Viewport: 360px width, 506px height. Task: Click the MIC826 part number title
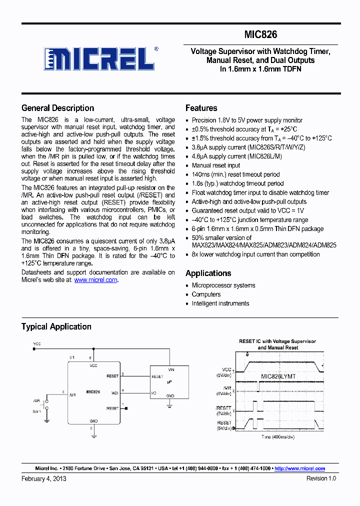pos(260,35)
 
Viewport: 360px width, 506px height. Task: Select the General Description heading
pos(57,108)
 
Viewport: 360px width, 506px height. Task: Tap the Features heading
pos(201,108)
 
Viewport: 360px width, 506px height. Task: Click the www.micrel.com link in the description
pos(95,280)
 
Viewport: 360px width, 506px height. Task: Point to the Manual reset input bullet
pos(216,165)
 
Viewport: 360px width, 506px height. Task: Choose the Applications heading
pos(208,273)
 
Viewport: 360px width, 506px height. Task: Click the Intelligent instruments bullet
pos(220,303)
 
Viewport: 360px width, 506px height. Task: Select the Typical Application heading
pos(56,327)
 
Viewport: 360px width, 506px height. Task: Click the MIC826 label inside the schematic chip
pos(93,392)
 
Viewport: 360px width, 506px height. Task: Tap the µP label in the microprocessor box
pos(169,381)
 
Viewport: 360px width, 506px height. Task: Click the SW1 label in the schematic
pos(37,411)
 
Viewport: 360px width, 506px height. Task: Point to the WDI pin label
pos(114,392)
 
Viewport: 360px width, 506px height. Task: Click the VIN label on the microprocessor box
pos(170,369)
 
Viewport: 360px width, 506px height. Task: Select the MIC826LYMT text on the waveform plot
pos(278,375)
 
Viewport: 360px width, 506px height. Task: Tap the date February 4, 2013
pos(44,478)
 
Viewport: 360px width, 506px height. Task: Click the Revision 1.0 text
pos(321,478)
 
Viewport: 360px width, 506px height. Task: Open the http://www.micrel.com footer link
pos(300,468)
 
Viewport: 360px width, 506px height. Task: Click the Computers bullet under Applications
pos(206,294)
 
